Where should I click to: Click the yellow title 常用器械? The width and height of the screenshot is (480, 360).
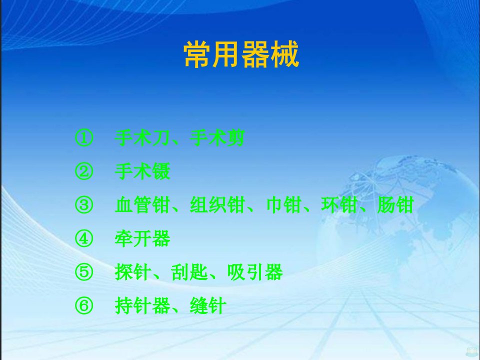[x=241, y=54]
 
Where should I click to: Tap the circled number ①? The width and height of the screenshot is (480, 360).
[x=84, y=138]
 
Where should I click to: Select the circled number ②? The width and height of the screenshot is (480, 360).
[x=84, y=171]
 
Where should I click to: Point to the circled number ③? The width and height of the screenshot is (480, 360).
[x=84, y=205]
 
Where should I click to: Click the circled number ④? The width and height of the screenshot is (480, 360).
[x=84, y=239]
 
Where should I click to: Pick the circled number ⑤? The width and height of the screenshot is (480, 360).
[x=84, y=272]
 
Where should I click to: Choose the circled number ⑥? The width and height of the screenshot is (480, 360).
[x=84, y=306]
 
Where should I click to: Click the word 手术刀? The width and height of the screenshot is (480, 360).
[x=142, y=138]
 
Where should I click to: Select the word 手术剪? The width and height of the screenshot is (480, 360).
[x=217, y=138]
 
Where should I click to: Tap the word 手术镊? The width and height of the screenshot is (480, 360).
[x=142, y=171]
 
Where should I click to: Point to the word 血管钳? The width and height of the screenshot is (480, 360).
[x=142, y=205]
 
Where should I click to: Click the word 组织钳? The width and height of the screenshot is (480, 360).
[x=217, y=205]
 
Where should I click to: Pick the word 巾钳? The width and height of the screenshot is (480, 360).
[x=283, y=205]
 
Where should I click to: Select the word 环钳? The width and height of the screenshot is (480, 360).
[x=339, y=205]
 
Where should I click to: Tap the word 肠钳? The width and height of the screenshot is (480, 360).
[x=395, y=205]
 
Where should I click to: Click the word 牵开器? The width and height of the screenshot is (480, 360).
[x=142, y=239]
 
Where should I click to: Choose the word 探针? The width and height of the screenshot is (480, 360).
[x=133, y=272]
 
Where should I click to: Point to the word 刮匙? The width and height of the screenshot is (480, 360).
[x=189, y=272]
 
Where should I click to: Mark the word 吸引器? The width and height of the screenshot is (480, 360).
[x=254, y=272]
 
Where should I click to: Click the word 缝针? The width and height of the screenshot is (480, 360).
[x=208, y=306]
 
